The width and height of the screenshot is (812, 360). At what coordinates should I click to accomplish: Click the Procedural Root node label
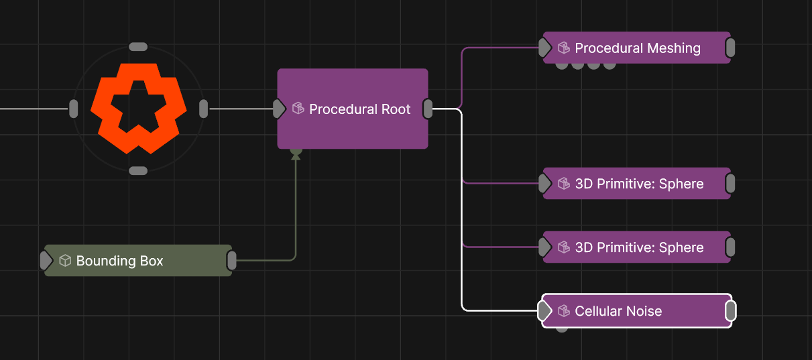(359, 109)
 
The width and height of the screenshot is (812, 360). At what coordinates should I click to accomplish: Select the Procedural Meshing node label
(637, 48)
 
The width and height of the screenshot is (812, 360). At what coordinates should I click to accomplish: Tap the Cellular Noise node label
(618, 311)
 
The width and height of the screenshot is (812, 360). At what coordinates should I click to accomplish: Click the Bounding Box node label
(119, 261)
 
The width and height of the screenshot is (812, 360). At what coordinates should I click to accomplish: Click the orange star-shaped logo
(138, 108)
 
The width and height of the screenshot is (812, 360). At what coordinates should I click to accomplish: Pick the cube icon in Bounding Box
(65, 261)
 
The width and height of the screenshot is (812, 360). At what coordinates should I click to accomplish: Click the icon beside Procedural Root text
(298, 109)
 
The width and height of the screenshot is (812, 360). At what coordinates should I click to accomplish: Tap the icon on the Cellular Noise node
(564, 311)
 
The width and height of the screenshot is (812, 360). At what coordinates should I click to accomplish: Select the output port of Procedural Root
(427, 109)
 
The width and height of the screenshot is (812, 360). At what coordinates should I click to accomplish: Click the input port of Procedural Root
(279, 109)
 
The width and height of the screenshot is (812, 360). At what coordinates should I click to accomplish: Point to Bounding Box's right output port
(231, 261)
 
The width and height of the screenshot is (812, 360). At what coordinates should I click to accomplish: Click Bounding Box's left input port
(46, 261)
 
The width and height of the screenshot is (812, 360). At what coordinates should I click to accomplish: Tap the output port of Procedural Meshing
(730, 48)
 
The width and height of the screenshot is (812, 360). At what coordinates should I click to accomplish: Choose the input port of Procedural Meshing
(544, 48)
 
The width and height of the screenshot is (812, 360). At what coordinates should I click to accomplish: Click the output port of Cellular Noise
(731, 311)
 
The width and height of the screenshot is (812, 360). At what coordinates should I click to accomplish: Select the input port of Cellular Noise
(544, 311)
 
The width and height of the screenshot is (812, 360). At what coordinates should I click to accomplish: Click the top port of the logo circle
(138, 47)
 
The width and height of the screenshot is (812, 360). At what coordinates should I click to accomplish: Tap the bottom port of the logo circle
(138, 171)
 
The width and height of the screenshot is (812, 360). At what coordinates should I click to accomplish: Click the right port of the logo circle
(204, 109)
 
